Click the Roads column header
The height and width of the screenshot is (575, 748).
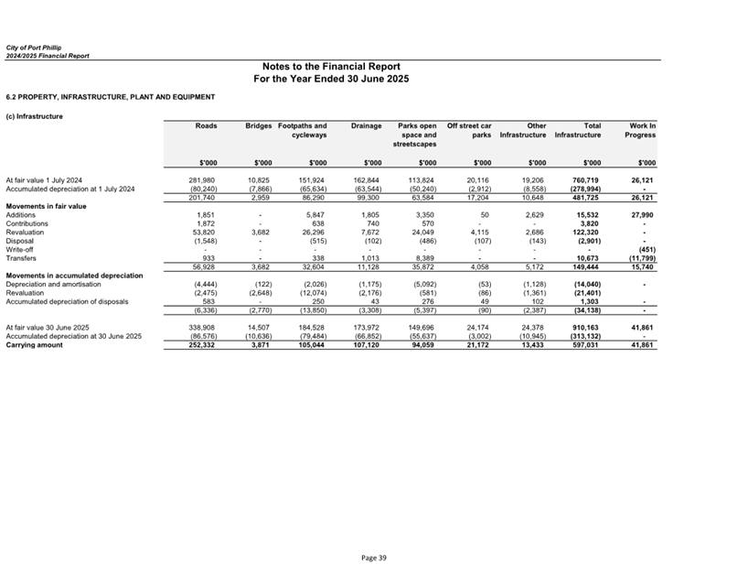(206, 125)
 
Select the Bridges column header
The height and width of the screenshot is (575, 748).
(259, 125)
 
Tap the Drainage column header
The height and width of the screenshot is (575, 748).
(366, 125)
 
